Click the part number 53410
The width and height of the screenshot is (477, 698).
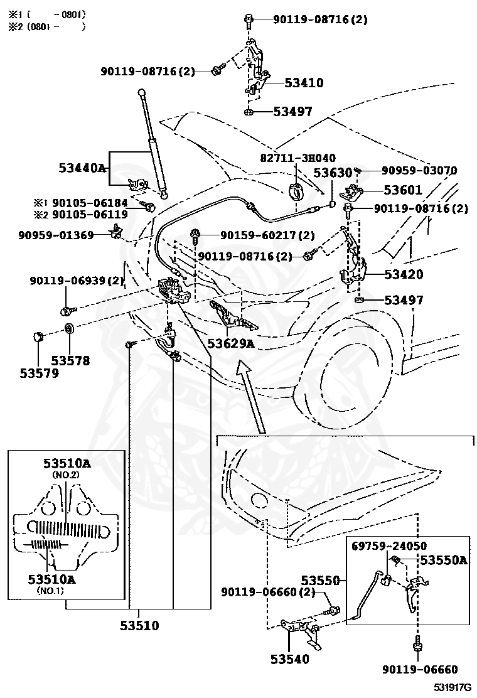304,82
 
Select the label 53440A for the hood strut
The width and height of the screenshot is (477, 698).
82,168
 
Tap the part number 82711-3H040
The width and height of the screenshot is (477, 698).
298,158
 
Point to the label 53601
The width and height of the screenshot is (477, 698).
403,190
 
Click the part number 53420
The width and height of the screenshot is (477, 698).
403,274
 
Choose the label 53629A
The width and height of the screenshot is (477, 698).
232,343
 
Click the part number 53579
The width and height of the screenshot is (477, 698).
39,373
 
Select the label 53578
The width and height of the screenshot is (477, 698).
70,361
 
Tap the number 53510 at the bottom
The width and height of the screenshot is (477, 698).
139,625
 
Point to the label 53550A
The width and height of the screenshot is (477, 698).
443,560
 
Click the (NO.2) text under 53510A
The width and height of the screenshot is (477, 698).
67,475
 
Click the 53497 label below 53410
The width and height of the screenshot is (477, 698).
292,112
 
